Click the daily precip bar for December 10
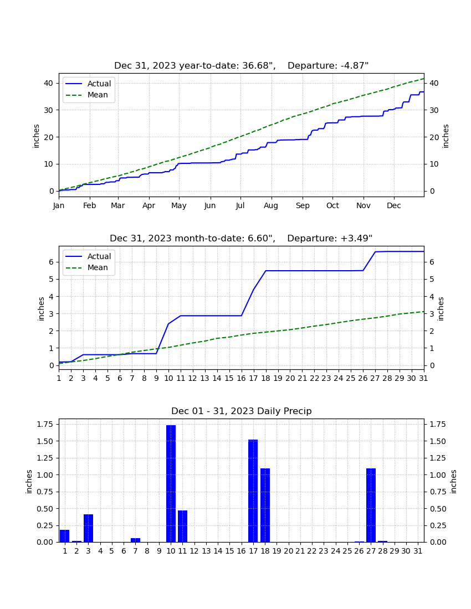click(x=171, y=483)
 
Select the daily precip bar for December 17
click(x=253, y=491)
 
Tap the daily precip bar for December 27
click(x=371, y=505)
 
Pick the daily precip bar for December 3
click(x=88, y=528)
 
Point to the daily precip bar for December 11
click(x=183, y=527)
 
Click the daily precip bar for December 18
click(x=265, y=505)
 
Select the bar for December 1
click(x=64, y=536)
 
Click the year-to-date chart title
click(x=242, y=66)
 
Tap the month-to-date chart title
click(x=242, y=238)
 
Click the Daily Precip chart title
click(x=242, y=411)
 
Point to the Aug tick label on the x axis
click(x=271, y=205)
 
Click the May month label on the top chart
click(x=179, y=205)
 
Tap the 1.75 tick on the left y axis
click(x=45, y=424)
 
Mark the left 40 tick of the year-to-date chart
click(x=49, y=83)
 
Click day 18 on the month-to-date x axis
click(x=265, y=378)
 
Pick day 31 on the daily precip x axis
click(x=418, y=551)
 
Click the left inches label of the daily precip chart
click(x=29, y=482)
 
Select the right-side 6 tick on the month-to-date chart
click(x=431, y=262)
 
